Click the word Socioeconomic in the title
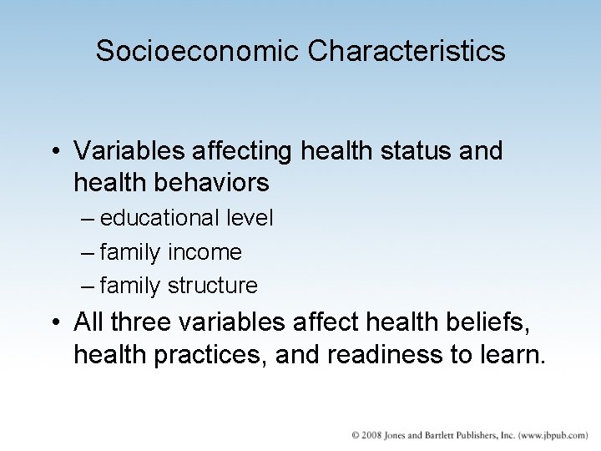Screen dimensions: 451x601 197,52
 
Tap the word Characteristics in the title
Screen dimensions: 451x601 407,52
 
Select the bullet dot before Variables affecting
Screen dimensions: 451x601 55,152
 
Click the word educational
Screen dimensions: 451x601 158,218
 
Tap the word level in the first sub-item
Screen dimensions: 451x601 249,218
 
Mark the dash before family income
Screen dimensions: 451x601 88,252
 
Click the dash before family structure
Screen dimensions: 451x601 88,286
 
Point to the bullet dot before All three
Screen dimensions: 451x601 55,322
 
